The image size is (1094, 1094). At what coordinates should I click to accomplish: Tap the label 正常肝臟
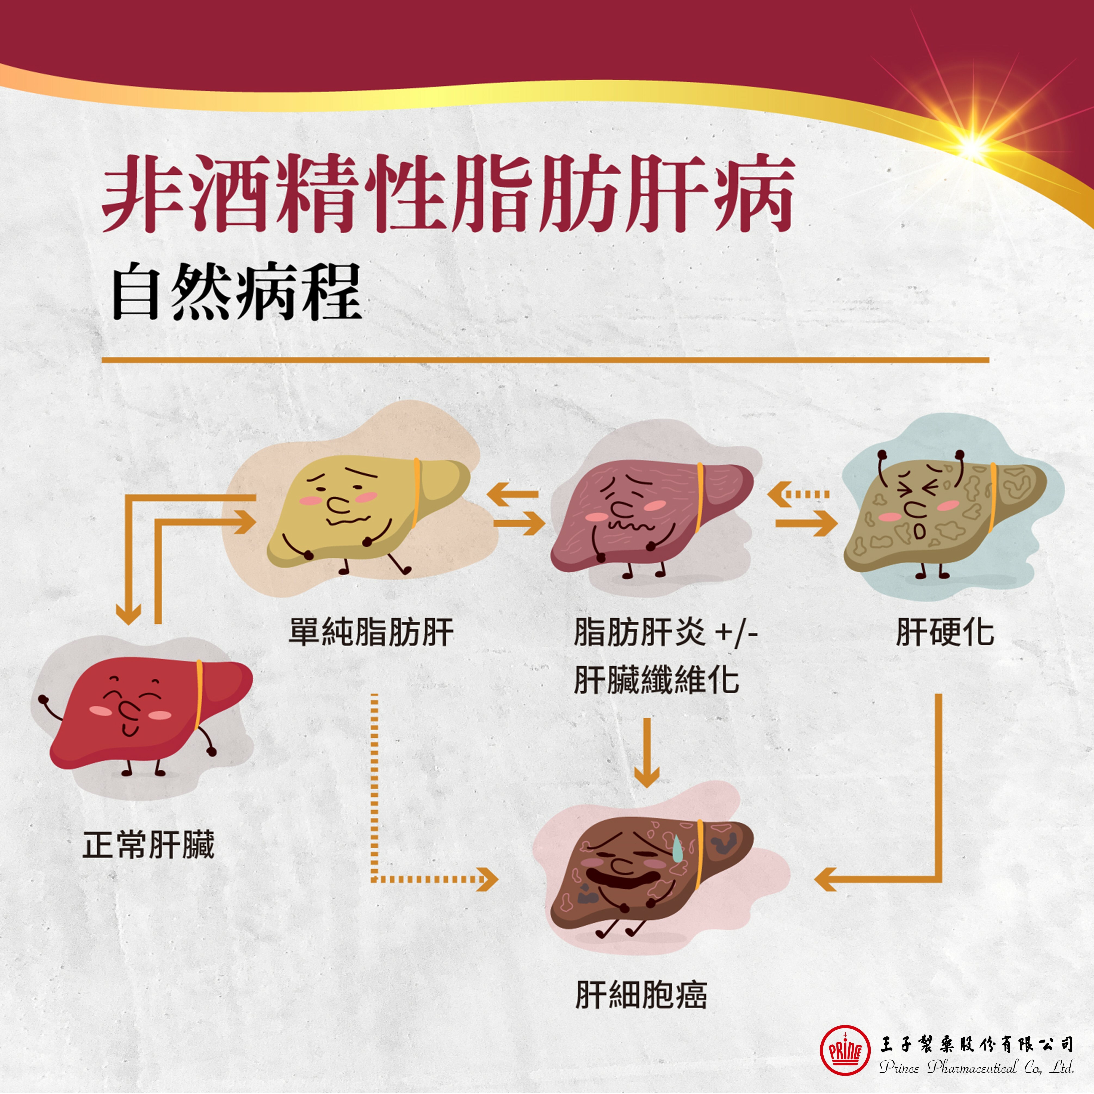148,845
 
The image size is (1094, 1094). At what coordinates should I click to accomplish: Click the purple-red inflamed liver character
651,515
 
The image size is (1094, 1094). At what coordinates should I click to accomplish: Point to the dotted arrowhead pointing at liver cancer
487,879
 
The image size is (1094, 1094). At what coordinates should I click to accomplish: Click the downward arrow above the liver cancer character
647,753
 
